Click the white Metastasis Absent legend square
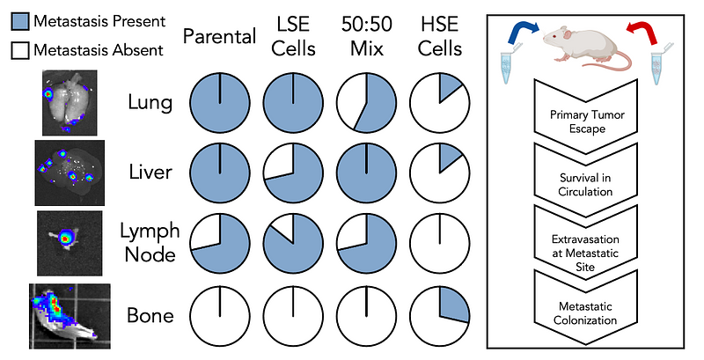pyautogui.click(x=17, y=50)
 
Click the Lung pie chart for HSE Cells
pyautogui.click(x=436, y=103)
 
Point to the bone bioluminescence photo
pyautogui.click(x=69, y=313)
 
